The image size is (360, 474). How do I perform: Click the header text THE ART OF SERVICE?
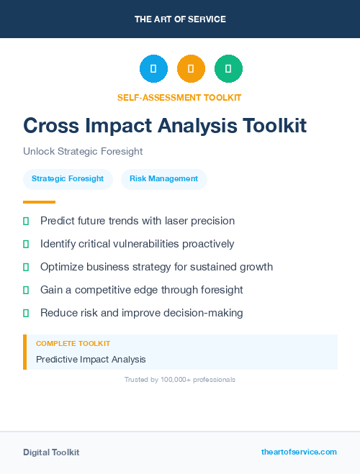(180, 19)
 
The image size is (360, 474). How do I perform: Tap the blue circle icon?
(153, 69)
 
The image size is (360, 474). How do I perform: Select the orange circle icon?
(191, 69)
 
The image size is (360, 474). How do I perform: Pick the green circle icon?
(228, 69)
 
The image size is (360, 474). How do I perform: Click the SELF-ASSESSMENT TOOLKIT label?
(180, 97)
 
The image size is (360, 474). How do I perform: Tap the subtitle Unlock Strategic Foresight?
(83, 152)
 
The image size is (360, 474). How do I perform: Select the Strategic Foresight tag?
(68, 178)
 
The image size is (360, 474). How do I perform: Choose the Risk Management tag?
(163, 178)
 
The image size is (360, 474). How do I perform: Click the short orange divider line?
(39, 202)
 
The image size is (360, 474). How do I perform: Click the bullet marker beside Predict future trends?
(26, 221)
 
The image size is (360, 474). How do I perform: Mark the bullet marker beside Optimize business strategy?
(26, 267)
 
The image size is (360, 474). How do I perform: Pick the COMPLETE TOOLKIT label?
(73, 344)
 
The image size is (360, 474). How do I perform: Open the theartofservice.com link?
(299, 452)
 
